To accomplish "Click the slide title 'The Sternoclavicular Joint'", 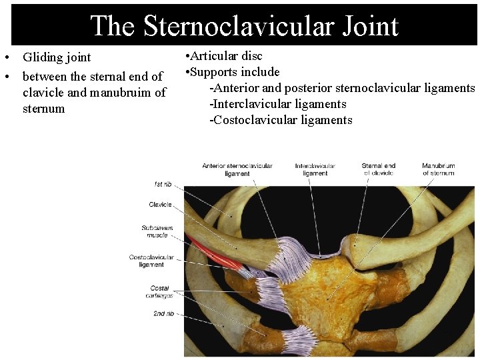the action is click(244, 25).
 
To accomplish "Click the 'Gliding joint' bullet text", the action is click(57, 57).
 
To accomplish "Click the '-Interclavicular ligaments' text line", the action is click(278, 104).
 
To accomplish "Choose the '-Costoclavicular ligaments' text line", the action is click(281, 120).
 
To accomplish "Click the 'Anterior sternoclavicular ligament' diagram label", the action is click(237, 169).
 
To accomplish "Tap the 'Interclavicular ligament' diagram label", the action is click(315, 169).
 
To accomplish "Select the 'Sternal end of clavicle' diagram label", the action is click(379, 169).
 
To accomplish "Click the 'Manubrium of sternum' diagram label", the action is click(438, 169).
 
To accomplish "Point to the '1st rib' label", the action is click(163, 184).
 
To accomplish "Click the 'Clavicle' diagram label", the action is click(160, 205).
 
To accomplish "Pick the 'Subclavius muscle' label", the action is click(157, 231).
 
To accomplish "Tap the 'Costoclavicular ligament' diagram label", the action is click(151, 261).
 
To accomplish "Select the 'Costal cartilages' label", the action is click(161, 291).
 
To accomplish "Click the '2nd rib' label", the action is click(163, 313).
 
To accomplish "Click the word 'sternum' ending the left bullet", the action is click(44, 109).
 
